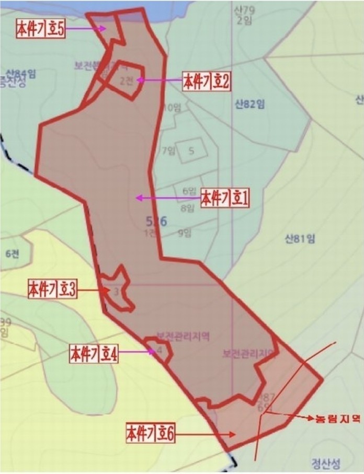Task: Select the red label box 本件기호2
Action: tap(207, 81)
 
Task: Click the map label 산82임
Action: tap(250, 104)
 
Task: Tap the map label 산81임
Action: tap(300, 239)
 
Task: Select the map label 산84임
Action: tap(21, 73)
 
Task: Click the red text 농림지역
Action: tap(337, 419)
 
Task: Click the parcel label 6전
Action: tap(12, 253)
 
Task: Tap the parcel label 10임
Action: tap(172, 108)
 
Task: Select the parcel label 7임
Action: tap(168, 151)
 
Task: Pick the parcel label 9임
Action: tap(184, 233)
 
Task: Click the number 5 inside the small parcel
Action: tap(191, 151)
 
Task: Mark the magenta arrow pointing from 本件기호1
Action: tap(167, 198)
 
